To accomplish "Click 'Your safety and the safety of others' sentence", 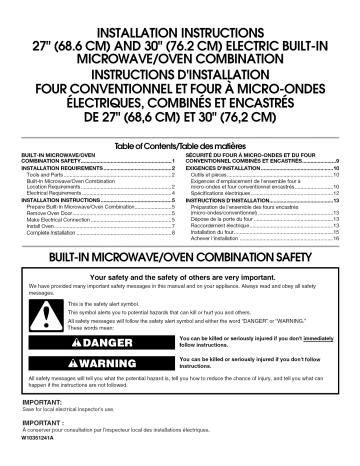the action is click(180, 275).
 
